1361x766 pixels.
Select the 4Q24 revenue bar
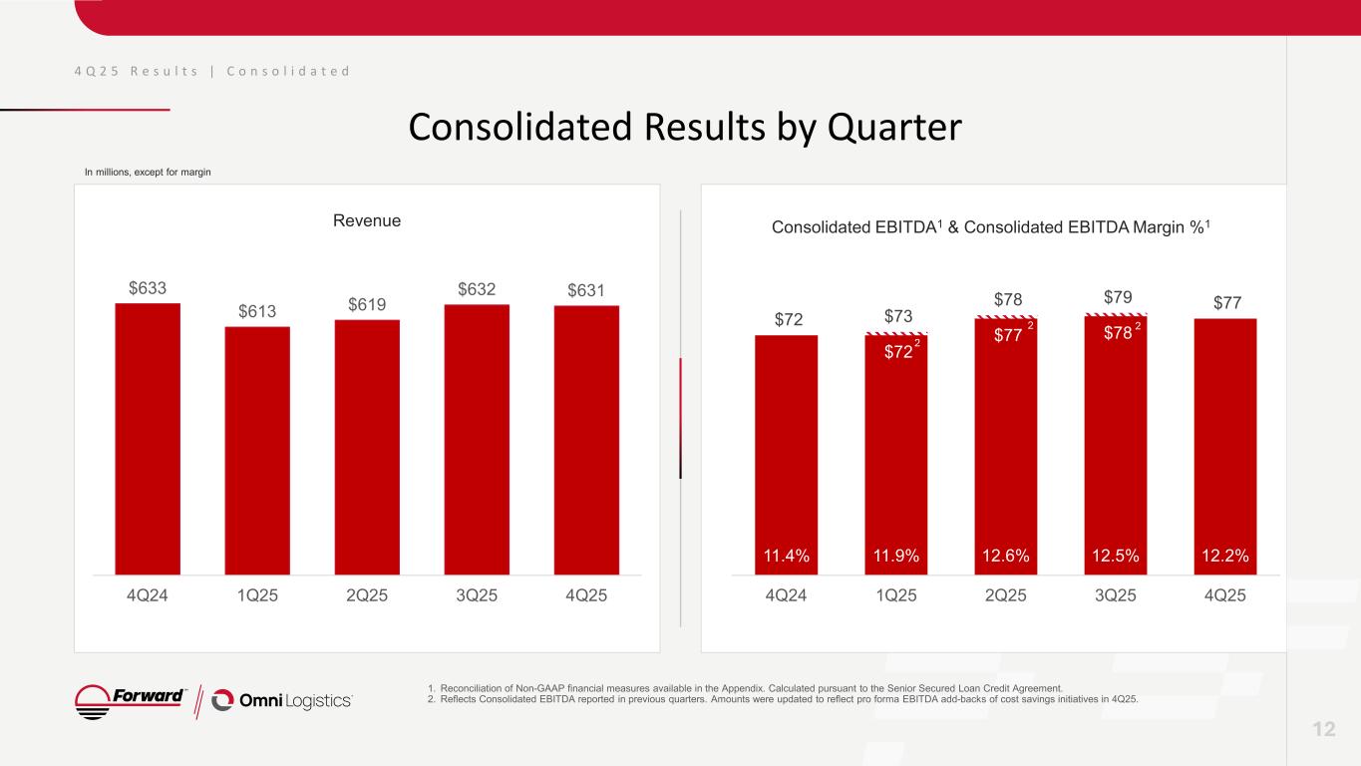[x=148, y=439]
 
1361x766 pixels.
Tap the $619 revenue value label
[x=367, y=304]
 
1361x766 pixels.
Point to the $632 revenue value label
[x=477, y=289]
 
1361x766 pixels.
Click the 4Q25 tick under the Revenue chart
[x=586, y=596]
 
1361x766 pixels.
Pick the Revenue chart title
[x=367, y=220]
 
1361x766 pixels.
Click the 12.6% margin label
[x=1005, y=556]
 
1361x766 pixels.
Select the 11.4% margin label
[x=786, y=556]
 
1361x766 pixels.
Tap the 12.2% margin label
[x=1224, y=556]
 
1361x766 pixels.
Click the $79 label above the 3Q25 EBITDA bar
[x=1115, y=297]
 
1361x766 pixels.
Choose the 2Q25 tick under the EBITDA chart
[x=1005, y=596]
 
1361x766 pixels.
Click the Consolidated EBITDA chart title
[x=992, y=228]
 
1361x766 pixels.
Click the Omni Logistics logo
[x=282, y=700]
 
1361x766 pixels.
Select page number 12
[x=1323, y=730]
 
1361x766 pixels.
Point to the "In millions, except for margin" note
[x=147, y=173]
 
